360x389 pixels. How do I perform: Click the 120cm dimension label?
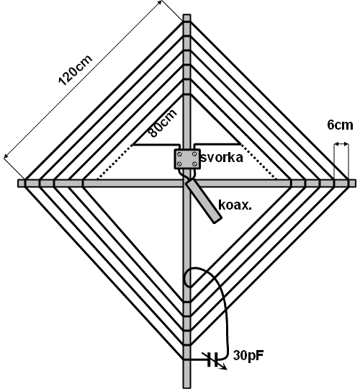tap(76, 70)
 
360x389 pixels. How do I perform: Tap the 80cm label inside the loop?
tap(163, 122)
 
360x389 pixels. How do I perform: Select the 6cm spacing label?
tap(340, 125)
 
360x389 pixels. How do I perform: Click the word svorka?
tap(222, 158)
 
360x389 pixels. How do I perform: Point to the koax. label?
tap(235, 205)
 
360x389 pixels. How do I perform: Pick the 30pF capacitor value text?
tap(248, 356)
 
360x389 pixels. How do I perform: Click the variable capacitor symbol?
tap(213, 359)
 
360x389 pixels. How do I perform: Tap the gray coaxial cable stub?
tap(203, 201)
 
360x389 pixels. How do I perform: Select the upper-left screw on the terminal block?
tap(179, 154)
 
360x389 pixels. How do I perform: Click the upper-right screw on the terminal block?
tap(195, 154)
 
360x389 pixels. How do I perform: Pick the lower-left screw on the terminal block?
tap(179, 164)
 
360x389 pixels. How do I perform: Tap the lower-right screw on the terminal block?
tap(195, 164)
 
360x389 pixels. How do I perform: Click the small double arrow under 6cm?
tap(341, 144)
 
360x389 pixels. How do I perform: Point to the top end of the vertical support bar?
tap(187, 15)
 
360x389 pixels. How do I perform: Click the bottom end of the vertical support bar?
tap(187, 388)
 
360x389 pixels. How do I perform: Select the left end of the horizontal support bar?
tap(19, 184)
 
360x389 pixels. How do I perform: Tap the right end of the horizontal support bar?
tap(355, 184)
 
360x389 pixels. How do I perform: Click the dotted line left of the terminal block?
tap(114, 162)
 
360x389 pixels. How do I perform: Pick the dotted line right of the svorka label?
tap(258, 161)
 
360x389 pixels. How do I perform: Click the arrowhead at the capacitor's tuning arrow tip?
tap(225, 368)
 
